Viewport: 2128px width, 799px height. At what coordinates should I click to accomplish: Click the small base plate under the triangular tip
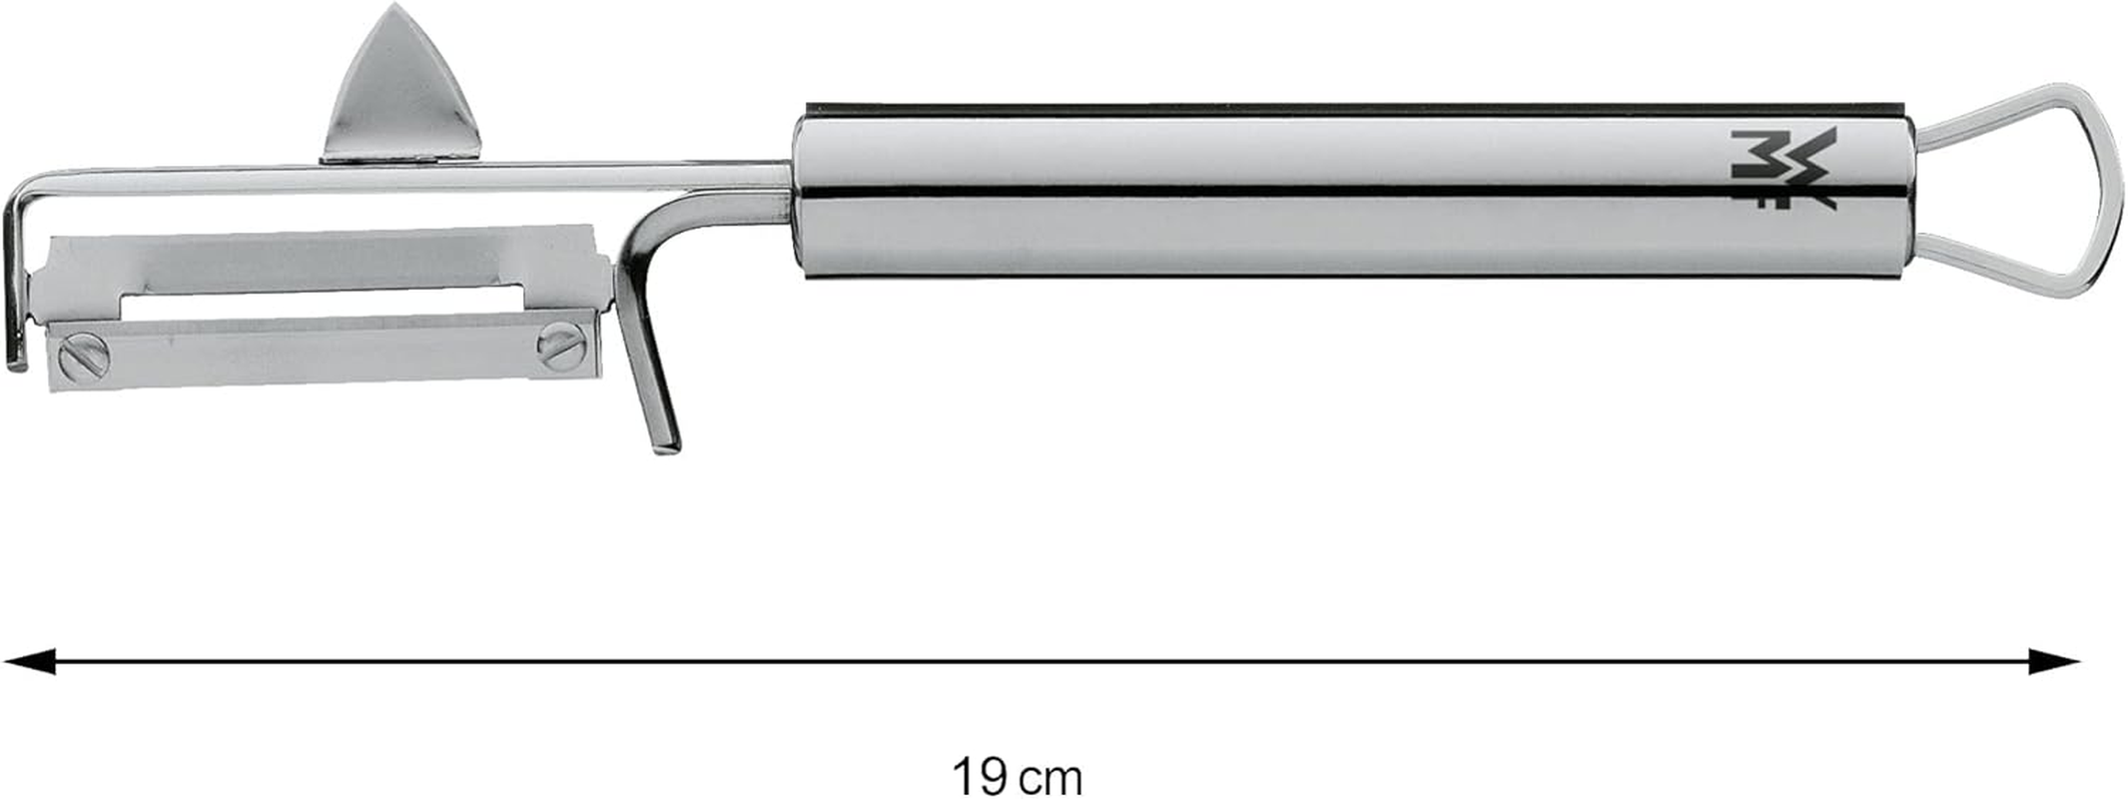click(399, 157)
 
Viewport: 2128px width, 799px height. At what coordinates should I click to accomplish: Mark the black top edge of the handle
click(1298, 106)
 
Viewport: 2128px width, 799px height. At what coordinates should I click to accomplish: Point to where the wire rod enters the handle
click(789, 176)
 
